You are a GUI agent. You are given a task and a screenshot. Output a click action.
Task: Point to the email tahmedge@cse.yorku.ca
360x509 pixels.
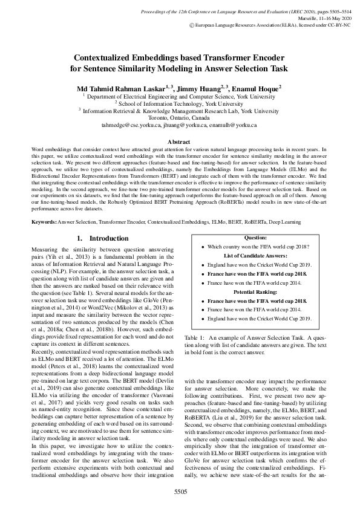click(129, 125)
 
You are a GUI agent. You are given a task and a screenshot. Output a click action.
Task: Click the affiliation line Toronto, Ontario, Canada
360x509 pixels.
click(180, 118)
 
